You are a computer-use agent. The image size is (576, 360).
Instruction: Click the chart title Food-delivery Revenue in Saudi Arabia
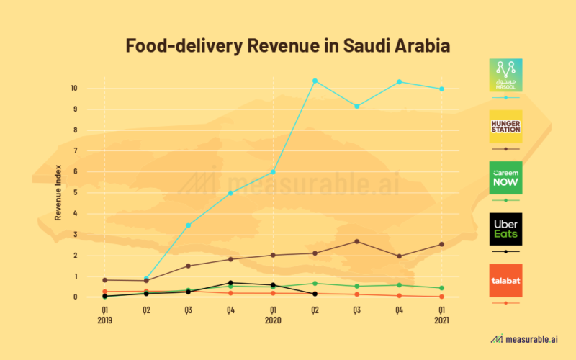coord(288,46)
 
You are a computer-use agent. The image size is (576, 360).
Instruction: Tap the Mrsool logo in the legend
coord(505,75)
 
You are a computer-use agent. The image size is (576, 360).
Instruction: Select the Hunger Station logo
coord(505,126)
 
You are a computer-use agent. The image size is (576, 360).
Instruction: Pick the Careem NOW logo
coord(505,177)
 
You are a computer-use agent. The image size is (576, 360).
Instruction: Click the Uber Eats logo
coord(505,229)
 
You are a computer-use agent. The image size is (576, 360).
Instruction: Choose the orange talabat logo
coord(505,280)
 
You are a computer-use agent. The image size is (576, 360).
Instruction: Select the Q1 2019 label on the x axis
coord(105,315)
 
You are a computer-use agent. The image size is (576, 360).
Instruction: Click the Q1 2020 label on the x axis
coord(272,315)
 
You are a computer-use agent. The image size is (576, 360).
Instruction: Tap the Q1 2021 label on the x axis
coord(441,315)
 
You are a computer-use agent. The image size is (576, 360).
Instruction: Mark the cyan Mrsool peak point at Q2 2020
coord(315,81)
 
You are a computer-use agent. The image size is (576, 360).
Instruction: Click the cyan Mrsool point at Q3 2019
coord(189,225)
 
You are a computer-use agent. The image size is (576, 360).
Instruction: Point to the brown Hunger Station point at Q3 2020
coord(357,241)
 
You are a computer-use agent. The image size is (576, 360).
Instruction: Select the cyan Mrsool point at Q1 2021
coord(441,89)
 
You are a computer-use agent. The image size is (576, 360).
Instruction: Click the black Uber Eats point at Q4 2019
coord(230,283)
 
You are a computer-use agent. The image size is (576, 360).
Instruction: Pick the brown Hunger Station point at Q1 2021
coord(441,244)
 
